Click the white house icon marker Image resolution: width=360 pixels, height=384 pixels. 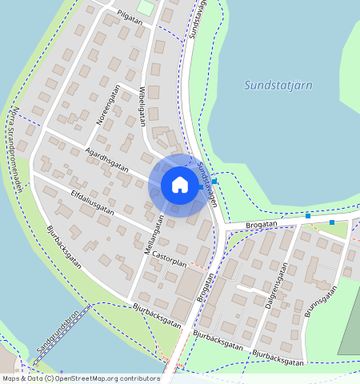pos(180,185)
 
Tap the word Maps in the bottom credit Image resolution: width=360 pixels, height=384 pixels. pos(10,378)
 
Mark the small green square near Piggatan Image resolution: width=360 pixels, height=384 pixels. pos(145,7)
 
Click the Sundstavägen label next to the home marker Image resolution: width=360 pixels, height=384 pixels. pos(207,183)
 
